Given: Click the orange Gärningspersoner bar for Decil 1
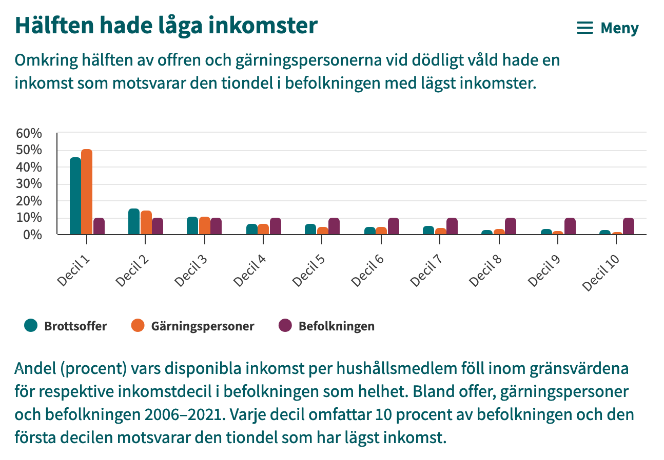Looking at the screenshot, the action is [x=87, y=192].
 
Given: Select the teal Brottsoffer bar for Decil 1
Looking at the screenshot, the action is [x=75, y=196].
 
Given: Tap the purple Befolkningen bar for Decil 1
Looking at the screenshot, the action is [x=99, y=226].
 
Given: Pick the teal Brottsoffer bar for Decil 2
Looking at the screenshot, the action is [x=134, y=221].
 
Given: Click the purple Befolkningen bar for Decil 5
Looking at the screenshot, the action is [x=334, y=226].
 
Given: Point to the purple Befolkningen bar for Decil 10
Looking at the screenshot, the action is [x=629, y=226].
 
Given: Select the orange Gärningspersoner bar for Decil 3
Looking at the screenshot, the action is [x=205, y=225].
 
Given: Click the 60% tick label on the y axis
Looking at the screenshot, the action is [x=29, y=134].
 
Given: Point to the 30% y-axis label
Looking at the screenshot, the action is [x=29, y=184].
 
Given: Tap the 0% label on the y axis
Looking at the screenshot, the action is [x=32, y=235].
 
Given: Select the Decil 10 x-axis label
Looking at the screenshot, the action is [x=601, y=273].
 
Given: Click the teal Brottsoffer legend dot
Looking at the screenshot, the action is [x=31, y=325].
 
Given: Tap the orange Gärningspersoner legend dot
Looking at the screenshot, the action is [x=138, y=325].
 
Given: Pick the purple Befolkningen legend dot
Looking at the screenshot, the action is [x=285, y=325].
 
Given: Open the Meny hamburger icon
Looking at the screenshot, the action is [x=585, y=28].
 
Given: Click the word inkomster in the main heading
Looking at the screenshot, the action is [x=263, y=26].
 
